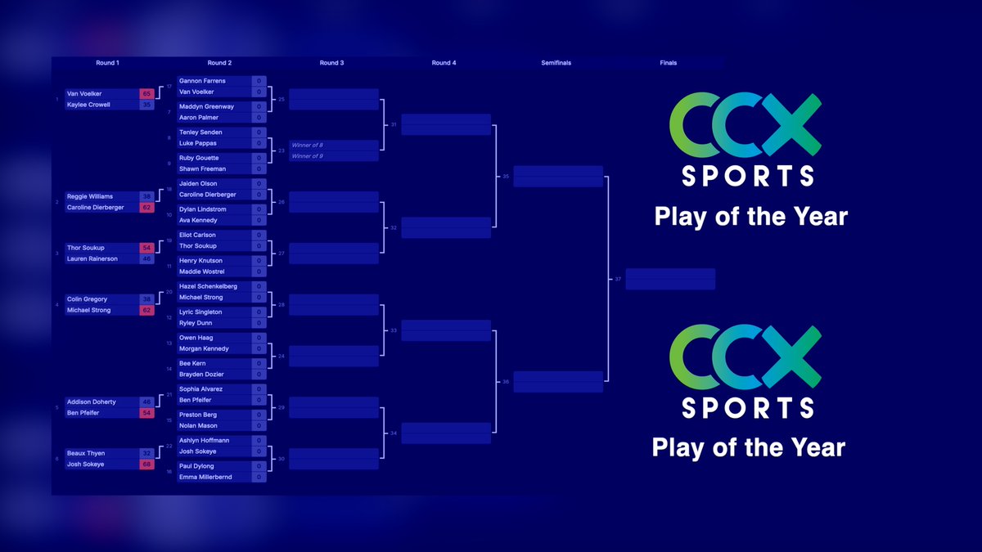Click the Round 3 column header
pos(331,63)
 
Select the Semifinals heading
pos(556,63)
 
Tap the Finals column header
pos(668,63)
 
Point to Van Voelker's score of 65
pos(146,94)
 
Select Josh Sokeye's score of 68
pos(146,464)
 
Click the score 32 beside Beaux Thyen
pos(146,453)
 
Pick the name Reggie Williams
pos(89,196)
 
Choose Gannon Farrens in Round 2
pos(202,81)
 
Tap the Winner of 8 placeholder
pos(308,145)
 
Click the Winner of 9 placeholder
pos(308,156)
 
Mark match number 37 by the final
pos(618,279)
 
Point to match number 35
pos(506,176)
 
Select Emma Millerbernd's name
pos(205,477)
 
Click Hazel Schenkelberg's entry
pos(208,286)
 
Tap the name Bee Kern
pos(192,363)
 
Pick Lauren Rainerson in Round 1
pos(92,258)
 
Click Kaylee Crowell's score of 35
pos(146,105)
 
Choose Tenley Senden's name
pos(200,132)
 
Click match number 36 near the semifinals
pos(506,382)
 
